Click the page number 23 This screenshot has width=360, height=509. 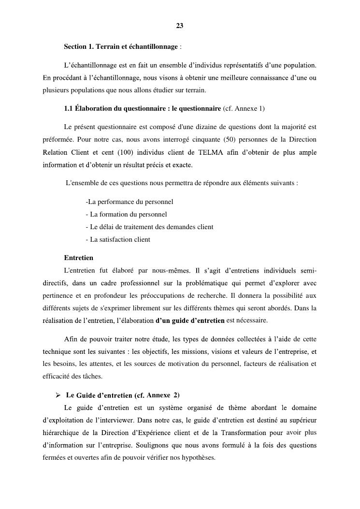(x=179, y=26)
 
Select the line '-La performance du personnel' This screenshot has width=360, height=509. (x=129, y=202)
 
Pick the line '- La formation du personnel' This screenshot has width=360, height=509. (x=126, y=214)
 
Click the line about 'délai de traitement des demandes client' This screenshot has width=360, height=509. (x=149, y=227)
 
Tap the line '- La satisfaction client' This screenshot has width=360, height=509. (x=118, y=239)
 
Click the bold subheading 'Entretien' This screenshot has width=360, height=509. (x=78, y=258)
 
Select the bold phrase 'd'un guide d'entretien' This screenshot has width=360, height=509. (x=190, y=320)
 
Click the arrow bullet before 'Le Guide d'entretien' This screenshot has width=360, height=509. (x=58, y=395)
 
